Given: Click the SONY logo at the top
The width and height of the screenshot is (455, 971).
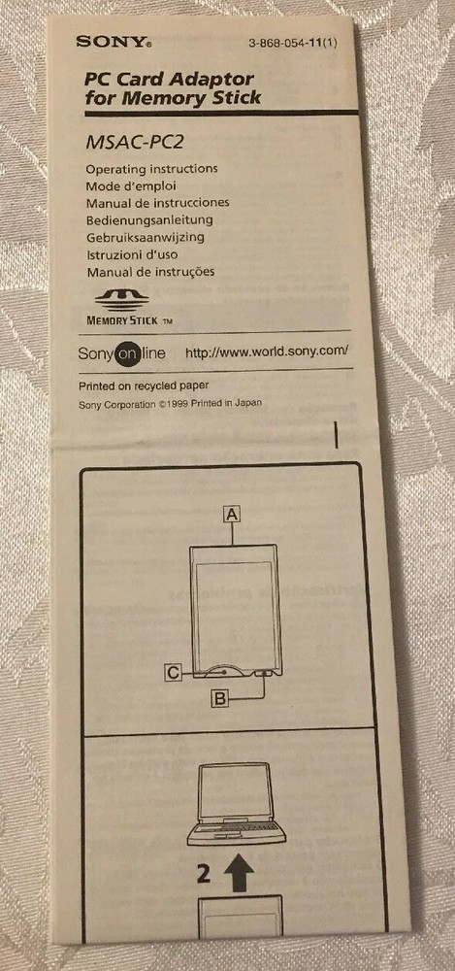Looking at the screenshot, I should [114, 42].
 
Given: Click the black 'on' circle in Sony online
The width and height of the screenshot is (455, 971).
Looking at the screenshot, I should [128, 355].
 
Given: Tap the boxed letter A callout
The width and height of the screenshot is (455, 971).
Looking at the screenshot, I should [232, 517].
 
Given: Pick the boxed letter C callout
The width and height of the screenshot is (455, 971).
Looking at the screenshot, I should [172, 670].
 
